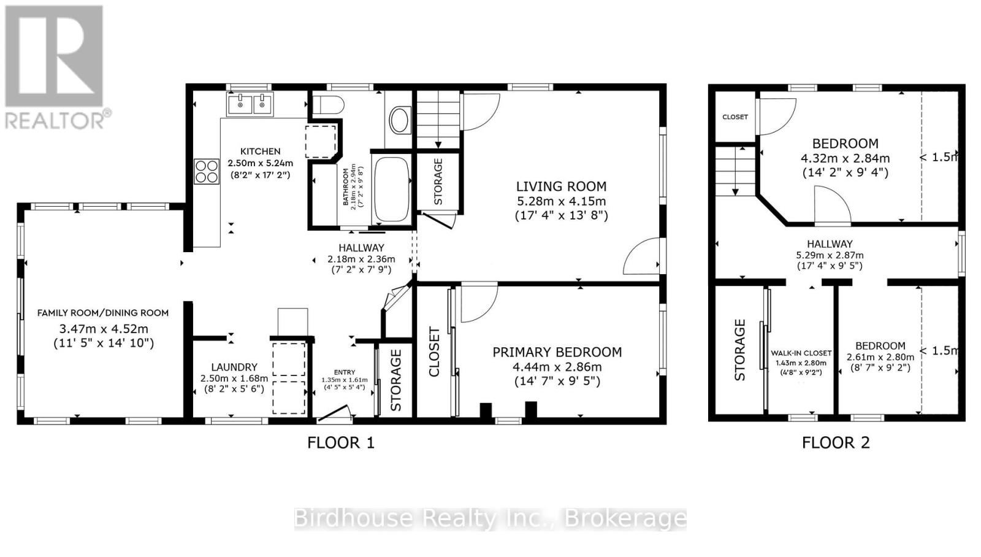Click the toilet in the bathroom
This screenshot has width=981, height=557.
327,105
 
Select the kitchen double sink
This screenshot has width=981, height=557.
250,104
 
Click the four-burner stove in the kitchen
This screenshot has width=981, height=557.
207,171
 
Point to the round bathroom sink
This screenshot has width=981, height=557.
399,120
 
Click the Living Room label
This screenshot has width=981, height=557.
561,186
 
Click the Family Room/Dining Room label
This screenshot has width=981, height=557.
103,313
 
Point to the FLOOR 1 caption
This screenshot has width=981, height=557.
341,443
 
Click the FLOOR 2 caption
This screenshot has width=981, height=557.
836,443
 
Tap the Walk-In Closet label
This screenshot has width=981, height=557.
801,353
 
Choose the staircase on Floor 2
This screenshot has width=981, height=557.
736,171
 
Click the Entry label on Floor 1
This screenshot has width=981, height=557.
344,372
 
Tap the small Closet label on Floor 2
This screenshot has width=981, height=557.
735,117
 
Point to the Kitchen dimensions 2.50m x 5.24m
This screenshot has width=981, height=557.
260,163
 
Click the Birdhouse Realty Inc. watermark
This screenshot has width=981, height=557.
490,518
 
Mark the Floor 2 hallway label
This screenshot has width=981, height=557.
830,244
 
